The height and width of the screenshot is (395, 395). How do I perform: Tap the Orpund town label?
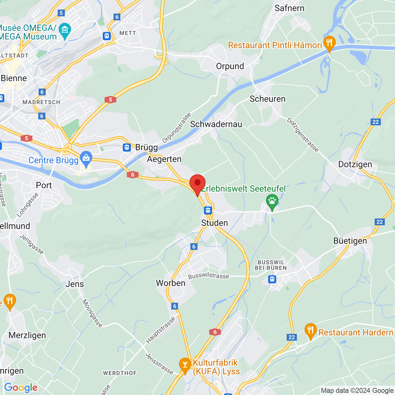230,66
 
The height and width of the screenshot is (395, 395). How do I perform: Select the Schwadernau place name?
216,124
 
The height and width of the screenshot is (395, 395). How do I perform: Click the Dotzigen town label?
355,164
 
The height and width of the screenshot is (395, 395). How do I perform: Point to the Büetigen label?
350,241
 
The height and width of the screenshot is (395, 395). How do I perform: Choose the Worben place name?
171,283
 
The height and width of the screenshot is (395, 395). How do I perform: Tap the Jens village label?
75,284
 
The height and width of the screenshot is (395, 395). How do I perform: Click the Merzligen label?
27,335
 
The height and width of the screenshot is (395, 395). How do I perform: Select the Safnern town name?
289,8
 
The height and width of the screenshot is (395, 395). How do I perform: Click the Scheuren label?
268,99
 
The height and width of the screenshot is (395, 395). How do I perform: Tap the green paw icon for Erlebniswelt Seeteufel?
272,202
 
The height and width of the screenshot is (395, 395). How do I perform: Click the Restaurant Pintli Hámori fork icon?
329,43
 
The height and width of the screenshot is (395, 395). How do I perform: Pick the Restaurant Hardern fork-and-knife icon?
310,331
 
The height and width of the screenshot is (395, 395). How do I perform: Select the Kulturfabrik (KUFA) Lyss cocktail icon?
185,365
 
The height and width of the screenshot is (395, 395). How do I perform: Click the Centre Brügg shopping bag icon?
86,159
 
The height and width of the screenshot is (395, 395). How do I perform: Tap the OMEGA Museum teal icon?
65,30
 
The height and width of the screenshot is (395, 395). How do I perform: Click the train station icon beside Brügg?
127,148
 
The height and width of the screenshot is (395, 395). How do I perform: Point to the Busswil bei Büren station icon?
272,279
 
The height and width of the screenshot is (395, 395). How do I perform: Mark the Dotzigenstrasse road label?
303,135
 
